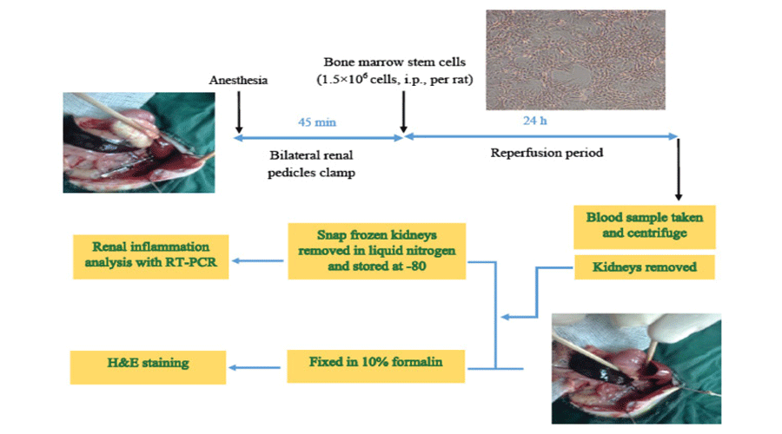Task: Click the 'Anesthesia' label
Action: click(239, 80)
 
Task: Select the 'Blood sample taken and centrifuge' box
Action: click(644, 225)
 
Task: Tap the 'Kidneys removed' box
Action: click(644, 267)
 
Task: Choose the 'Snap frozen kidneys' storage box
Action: click(377, 251)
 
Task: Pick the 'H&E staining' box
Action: click(147, 362)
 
